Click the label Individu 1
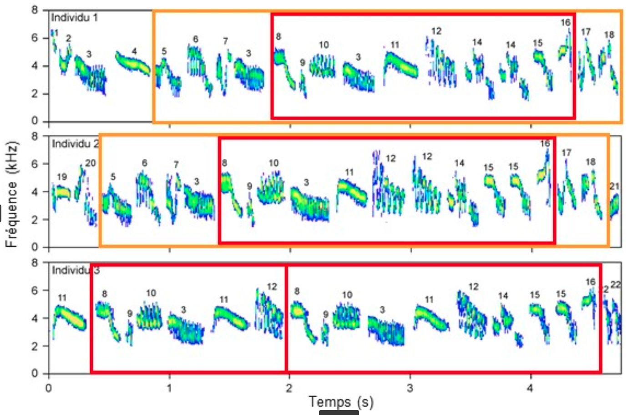(74, 18)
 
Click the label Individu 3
(76, 270)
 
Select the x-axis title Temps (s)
(341, 402)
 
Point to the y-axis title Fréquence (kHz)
(12, 195)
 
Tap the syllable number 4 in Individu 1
(134, 51)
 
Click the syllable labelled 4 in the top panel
(133, 64)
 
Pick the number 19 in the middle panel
(62, 177)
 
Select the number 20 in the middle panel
(91, 163)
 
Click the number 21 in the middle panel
(614, 186)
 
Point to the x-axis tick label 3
(410, 388)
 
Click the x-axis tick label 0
(49, 388)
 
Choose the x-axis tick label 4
(530, 388)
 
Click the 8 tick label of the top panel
(35, 10)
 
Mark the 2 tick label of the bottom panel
(35, 346)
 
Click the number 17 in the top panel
(586, 32)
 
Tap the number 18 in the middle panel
(590, 162)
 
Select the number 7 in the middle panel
(176, 164)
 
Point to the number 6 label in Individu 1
(196, 39)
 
